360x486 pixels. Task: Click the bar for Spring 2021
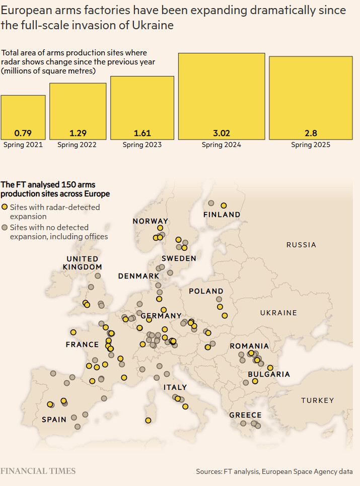point(23,117)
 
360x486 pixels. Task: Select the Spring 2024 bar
point(222,96)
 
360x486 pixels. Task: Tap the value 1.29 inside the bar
point(78,133)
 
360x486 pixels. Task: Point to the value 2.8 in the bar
point(311,133)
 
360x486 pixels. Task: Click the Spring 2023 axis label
point(142,145)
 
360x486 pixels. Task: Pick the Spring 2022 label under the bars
point(77,145)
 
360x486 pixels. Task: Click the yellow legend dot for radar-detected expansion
point(5,207)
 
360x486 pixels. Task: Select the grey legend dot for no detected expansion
point(5,228)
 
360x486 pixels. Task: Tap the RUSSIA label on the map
point(301,245)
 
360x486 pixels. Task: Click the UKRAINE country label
point(278,313)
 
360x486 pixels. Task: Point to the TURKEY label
point(317,400)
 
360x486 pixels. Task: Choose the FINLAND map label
point(222,215)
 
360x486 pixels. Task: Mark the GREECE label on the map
point(245,415)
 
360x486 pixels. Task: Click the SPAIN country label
point(54,420)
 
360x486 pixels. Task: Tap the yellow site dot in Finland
point(224,205)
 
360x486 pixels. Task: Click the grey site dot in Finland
point(211,203)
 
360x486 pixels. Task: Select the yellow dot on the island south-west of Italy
point(148,420)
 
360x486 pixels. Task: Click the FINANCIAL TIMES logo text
point(38,471)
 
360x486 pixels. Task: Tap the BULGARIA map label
point(269,374)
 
